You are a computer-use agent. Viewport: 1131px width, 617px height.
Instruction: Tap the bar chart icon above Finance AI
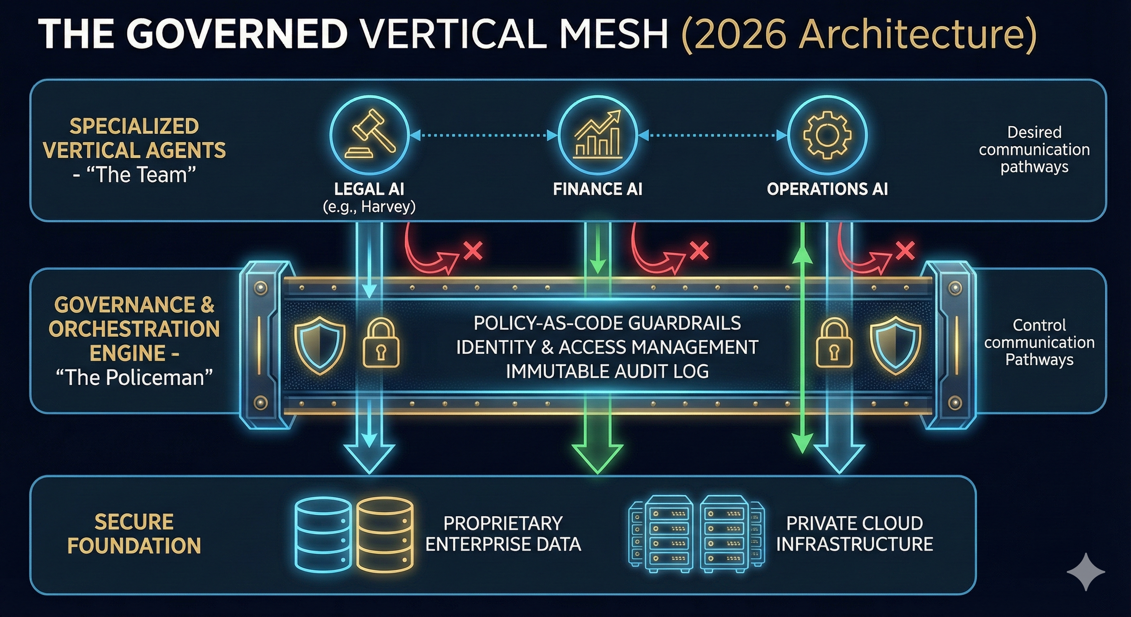click(x=598, y=134)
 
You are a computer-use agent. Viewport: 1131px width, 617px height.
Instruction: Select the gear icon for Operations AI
click(x=827, y=135)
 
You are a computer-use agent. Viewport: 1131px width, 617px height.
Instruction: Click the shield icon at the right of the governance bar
click(x=896, y=345)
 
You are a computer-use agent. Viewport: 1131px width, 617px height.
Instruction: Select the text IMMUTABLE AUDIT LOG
click(x=607, y=371)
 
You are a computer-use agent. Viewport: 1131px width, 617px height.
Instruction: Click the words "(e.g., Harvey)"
click(x=369, y=207)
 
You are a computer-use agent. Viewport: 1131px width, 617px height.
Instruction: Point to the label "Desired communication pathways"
click(x=1034, y=149)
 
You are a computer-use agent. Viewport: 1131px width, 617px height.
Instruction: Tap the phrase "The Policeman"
click(x=134, y=377)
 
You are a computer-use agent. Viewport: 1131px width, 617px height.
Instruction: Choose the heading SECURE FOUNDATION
click(x=134, y=534)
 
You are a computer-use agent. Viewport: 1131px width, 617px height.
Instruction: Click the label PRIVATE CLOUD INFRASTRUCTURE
click(x=855, y=534)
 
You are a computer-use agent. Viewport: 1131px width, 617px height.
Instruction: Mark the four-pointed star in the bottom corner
click(x=1086, y=571)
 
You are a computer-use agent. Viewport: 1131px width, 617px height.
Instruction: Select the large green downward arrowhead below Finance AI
click(x=598, y=457)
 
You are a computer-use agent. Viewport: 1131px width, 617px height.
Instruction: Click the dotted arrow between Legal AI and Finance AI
click(x=484, y=135)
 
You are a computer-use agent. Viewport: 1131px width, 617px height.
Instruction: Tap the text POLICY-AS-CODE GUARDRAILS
click(x=607, y=323)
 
